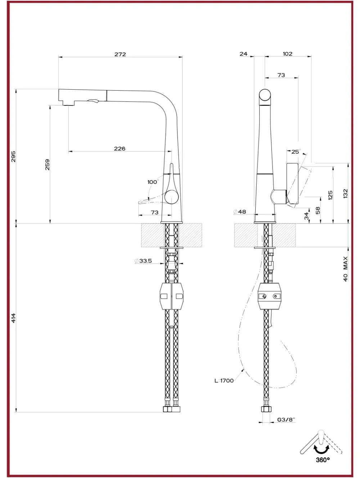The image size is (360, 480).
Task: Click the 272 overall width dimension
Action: [x=120, y=54]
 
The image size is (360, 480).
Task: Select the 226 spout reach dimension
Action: [x=120, y=149]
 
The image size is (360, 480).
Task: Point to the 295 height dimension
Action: [x=13, y=156]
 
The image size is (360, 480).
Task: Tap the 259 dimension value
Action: [x=47, y=164]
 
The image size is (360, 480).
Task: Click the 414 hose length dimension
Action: [x=13, y=318]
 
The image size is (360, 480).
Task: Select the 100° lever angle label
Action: [x=153, y=182]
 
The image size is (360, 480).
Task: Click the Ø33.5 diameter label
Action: [x=143, y=261]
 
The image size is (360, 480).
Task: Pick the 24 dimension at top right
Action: [x=243, y=54]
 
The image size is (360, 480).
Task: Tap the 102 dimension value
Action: [x=287, y=54]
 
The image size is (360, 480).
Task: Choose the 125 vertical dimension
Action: [x=330, y=195]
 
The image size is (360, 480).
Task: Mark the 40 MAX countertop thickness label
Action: [x=346, y=269]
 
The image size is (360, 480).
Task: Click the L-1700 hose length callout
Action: [x=224, y=381]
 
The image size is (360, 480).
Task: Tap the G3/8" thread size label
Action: [x=286, y=420]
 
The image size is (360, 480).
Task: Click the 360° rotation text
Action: [x=323, y=460]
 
